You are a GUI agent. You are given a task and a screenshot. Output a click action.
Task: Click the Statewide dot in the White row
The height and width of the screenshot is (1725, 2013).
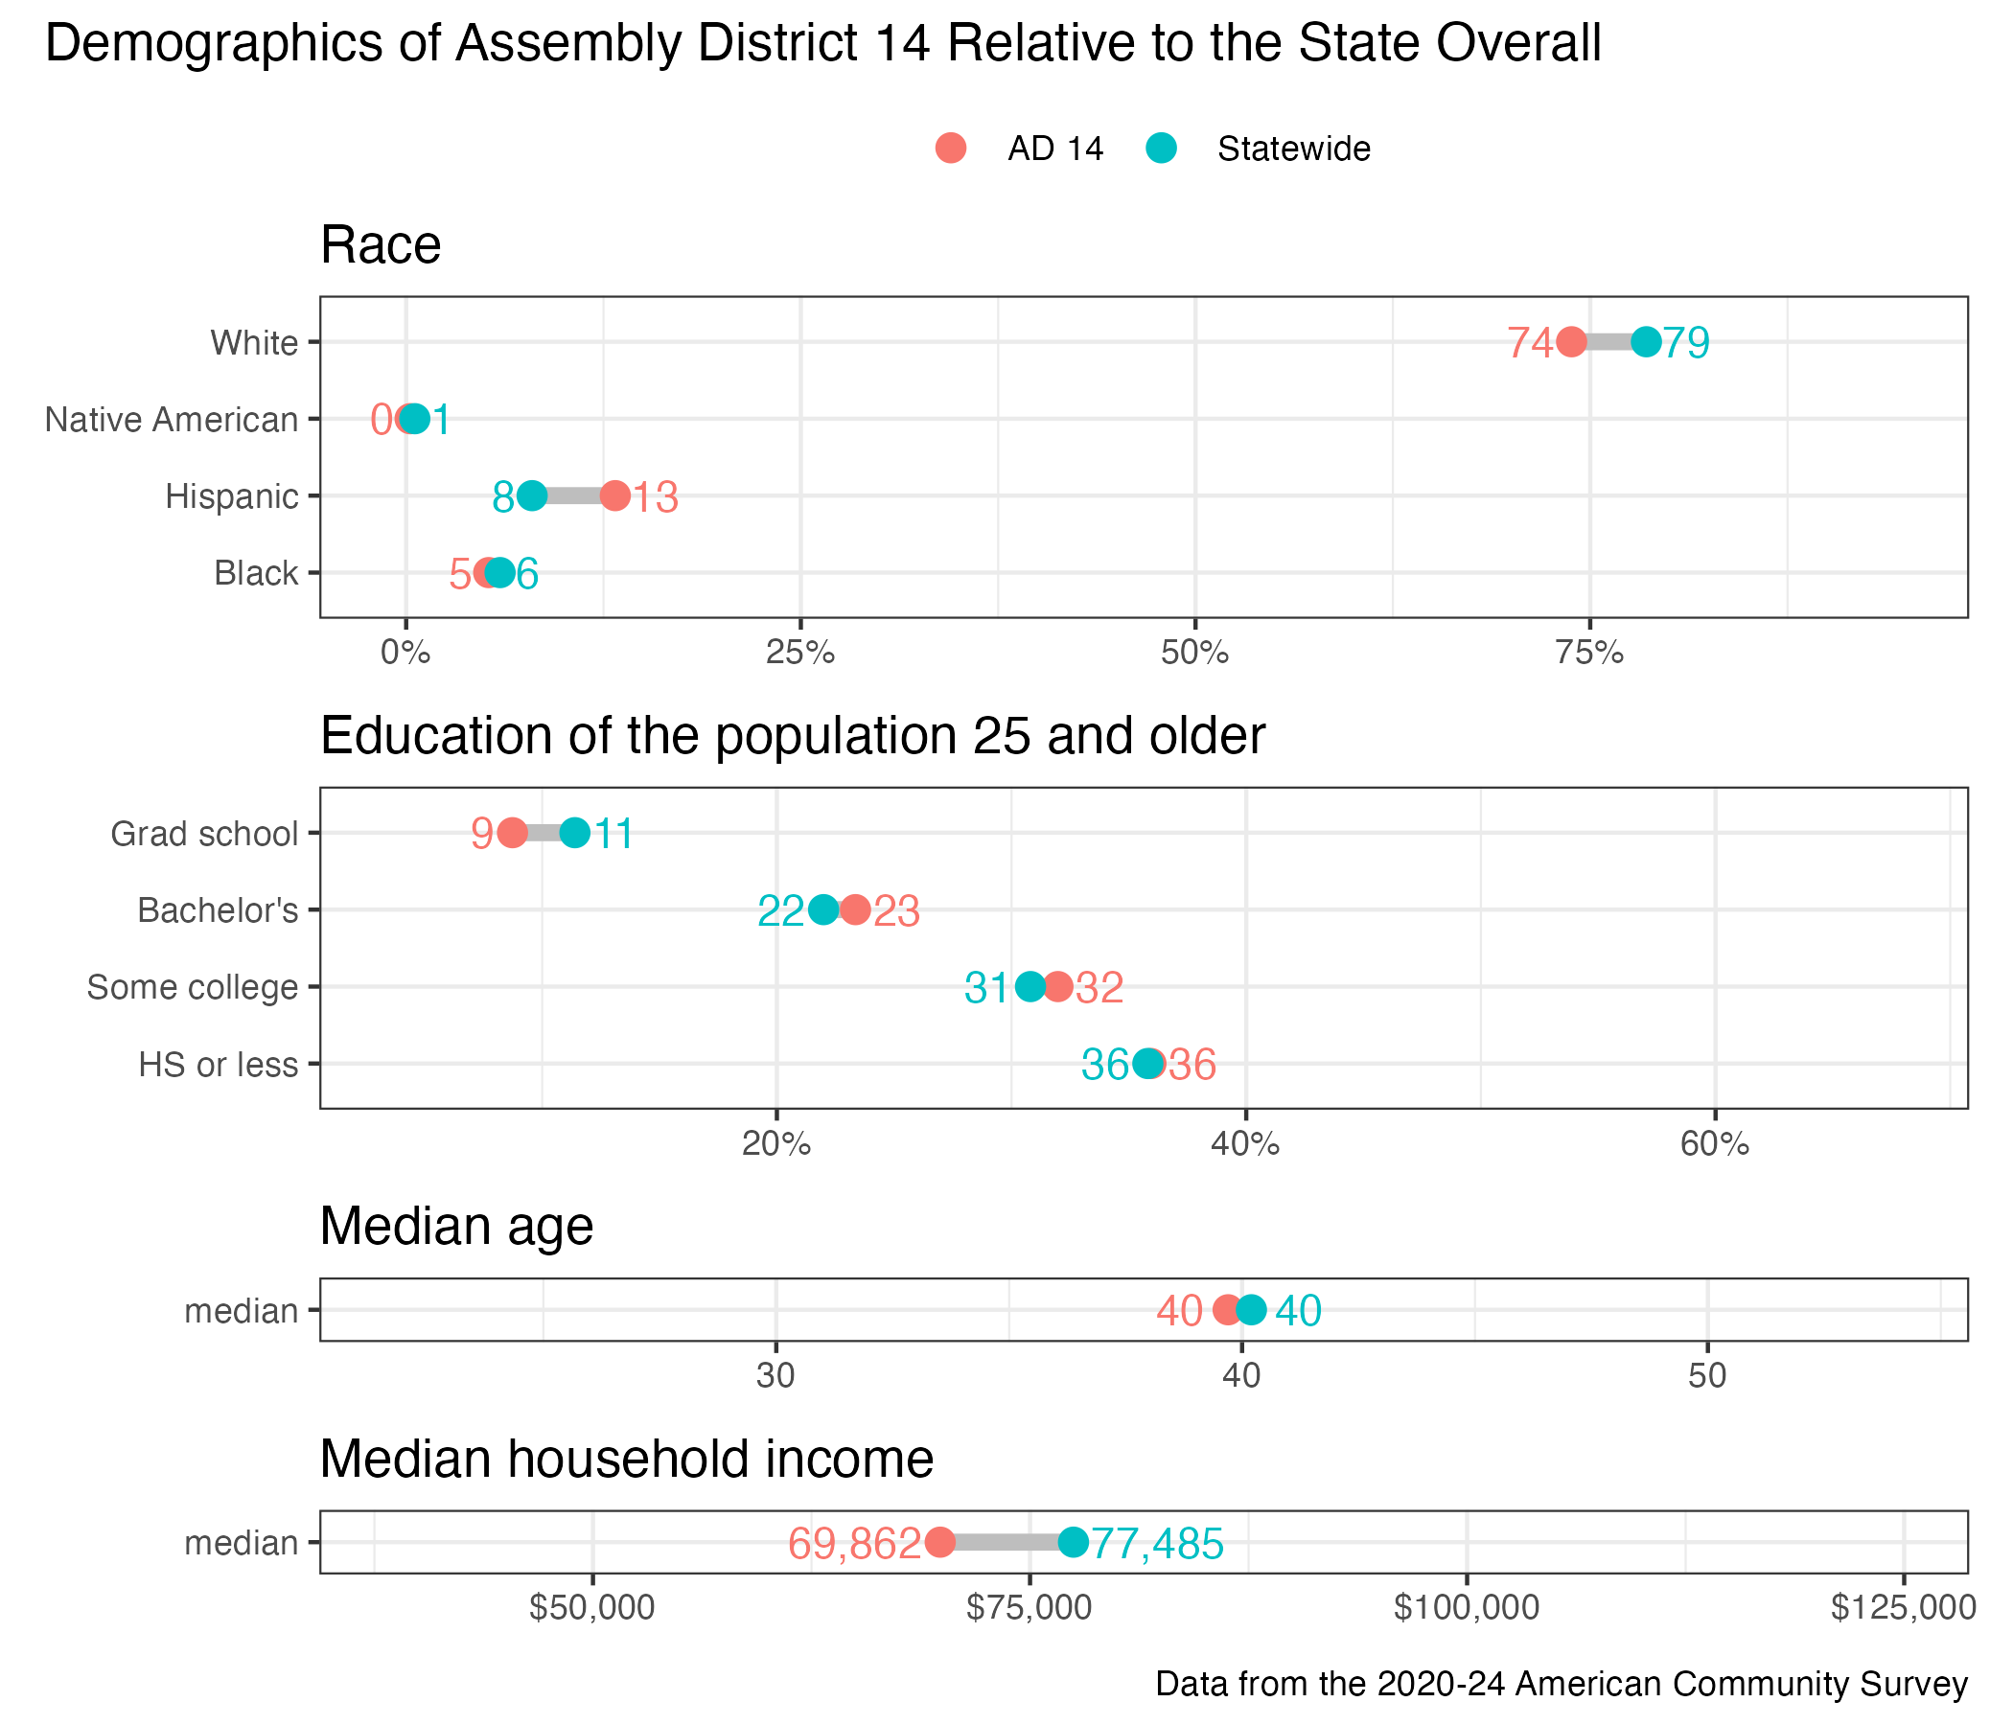tap(1646, 342)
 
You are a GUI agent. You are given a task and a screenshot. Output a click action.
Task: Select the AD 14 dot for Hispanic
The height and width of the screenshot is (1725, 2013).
tap(615, 495)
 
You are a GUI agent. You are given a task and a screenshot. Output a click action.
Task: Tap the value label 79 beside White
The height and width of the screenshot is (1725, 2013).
tap(1685, 343)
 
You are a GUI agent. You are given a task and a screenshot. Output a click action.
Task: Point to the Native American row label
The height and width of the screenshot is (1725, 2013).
tap(172, 420)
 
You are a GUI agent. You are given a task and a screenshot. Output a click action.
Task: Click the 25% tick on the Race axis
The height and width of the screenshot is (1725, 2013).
tap(800, 653)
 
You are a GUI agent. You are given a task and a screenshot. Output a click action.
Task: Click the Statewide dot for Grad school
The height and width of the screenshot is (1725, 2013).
tap(575, 833)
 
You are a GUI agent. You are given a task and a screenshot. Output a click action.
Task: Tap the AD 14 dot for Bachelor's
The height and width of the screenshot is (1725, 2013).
tap(855, 910)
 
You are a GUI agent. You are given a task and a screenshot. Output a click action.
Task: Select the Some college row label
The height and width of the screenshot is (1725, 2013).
tap(193, 987)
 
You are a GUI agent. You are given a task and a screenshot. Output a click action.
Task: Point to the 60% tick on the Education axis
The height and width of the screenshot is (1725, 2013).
tap(1715, 1144)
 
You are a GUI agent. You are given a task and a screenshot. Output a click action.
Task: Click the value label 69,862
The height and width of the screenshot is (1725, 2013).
tap(854, 1543)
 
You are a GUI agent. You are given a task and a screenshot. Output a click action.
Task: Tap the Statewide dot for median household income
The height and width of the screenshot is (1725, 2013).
tap(1073, 1541)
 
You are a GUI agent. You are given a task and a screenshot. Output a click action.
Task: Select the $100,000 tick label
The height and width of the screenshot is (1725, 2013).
tap(1466, 1607)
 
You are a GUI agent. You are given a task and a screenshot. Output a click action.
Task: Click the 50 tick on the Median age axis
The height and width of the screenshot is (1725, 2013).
tap(1707, 1376)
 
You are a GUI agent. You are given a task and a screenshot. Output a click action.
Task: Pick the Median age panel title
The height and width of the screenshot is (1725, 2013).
tap(456, 1226)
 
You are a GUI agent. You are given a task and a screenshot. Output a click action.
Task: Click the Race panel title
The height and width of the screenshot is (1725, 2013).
tap(381, 244)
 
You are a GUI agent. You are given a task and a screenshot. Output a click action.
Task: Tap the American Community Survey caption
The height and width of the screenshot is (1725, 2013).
tap(1562, 1683)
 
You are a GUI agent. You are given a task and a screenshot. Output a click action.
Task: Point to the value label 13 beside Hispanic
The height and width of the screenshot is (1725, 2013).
tap(656, 497)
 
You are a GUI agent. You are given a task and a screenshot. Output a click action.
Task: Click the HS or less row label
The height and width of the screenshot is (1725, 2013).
tap(219, 1065)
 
